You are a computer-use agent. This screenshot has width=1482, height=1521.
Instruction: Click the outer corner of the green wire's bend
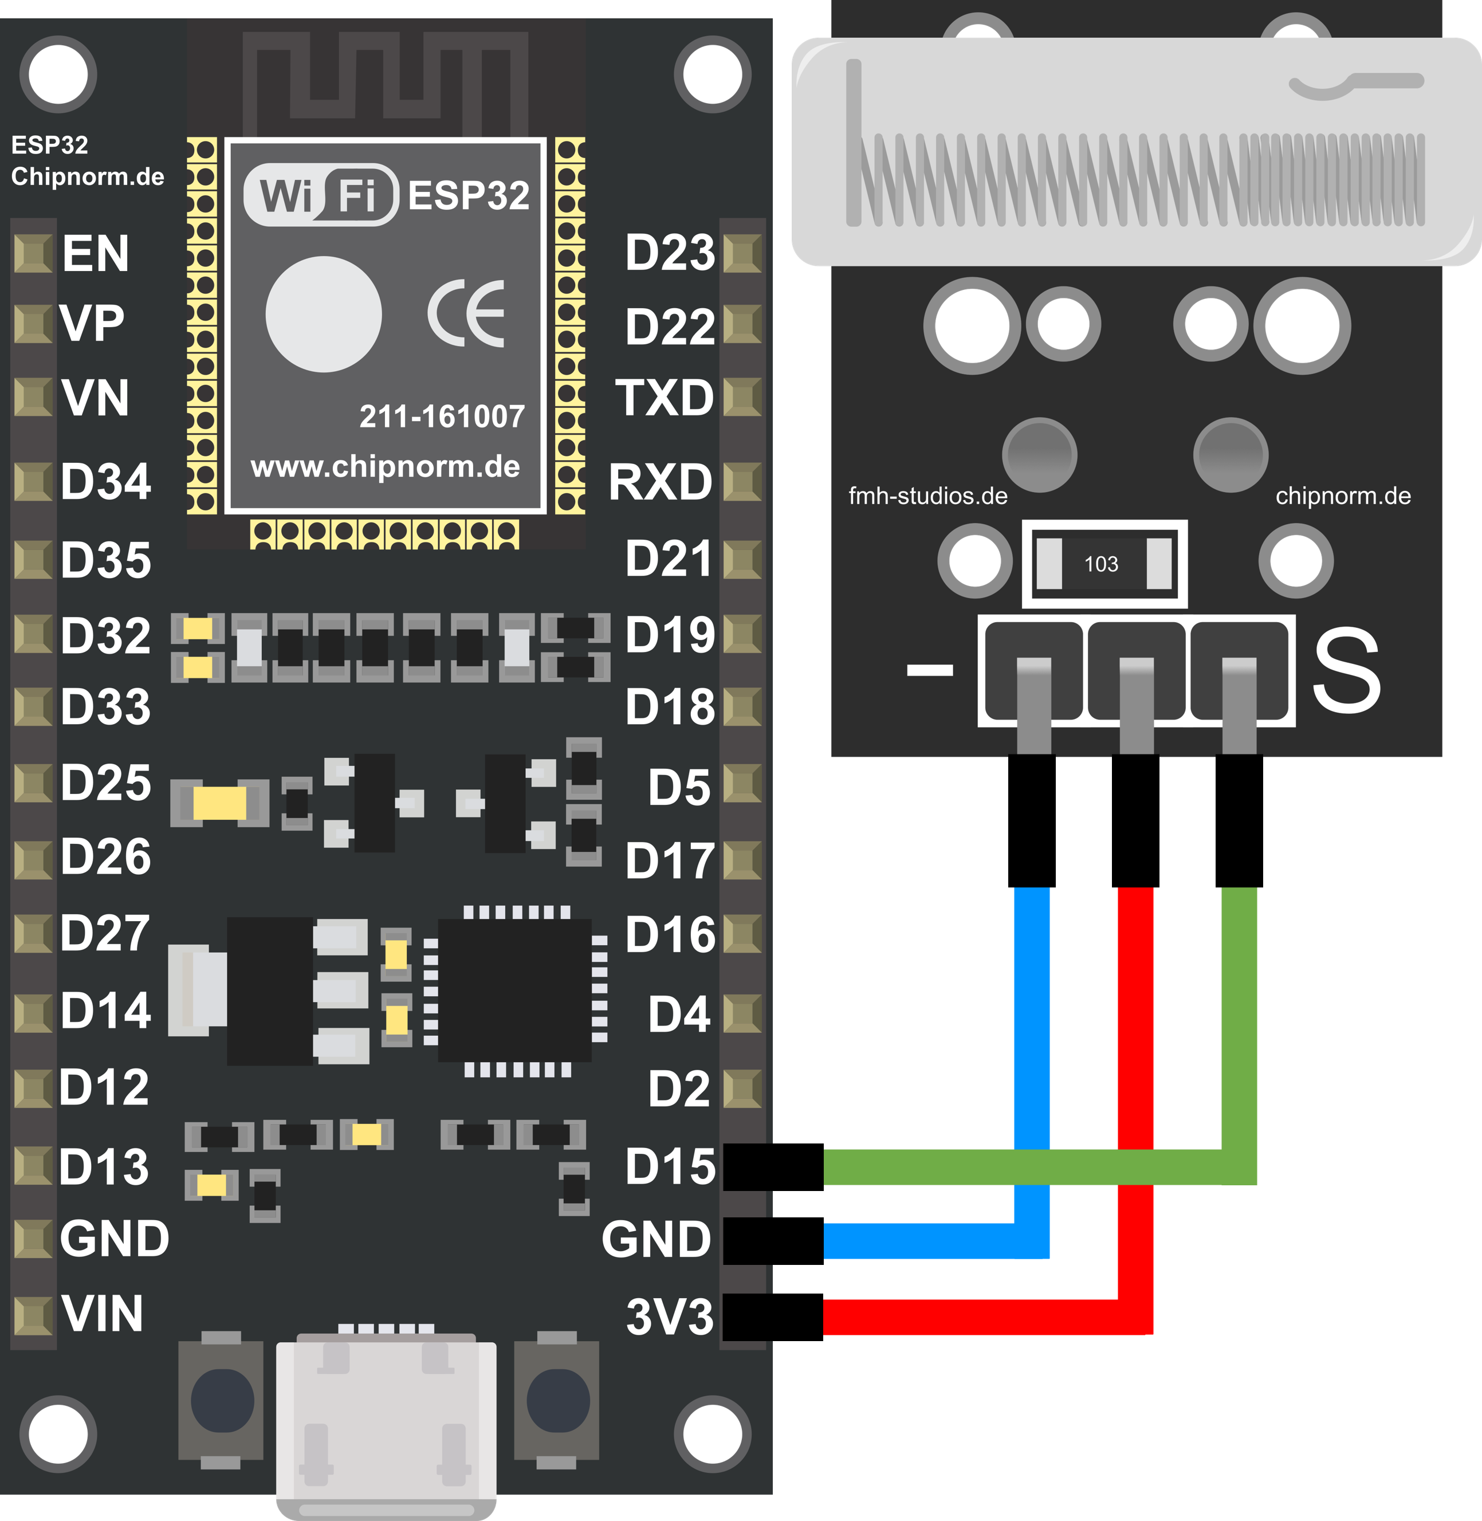pyautogui.click(x=1256, y=1184)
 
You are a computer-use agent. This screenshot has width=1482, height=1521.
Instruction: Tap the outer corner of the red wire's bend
pyautogui.click(x=1152, y=1334)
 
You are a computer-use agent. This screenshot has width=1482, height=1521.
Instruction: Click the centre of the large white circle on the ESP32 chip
pyautogui.click(x=323, y=315)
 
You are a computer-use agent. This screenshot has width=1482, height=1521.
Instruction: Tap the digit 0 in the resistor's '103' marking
pyautogui.click(x=1102, y=564)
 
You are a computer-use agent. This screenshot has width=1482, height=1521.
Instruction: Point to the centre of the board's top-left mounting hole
pyautogui.click(x=58, y=74)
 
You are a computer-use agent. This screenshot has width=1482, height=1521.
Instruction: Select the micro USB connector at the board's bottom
pyautogui.click(x=386, y=1426)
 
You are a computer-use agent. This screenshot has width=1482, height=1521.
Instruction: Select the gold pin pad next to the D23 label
pyautogui.click(x=742, y=254)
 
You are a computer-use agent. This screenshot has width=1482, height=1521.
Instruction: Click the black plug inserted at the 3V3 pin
pyautogui.click(x=772, y=1317)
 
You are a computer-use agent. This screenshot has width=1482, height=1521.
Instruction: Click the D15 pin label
pyautogui.click(x=669, y=1167)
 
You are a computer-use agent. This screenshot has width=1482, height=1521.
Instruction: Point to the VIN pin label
pyautogui.click(x=103, y=1314)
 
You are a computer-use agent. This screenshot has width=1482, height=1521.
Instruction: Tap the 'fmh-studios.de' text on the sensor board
pyautogui.click(x=928, y=496)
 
